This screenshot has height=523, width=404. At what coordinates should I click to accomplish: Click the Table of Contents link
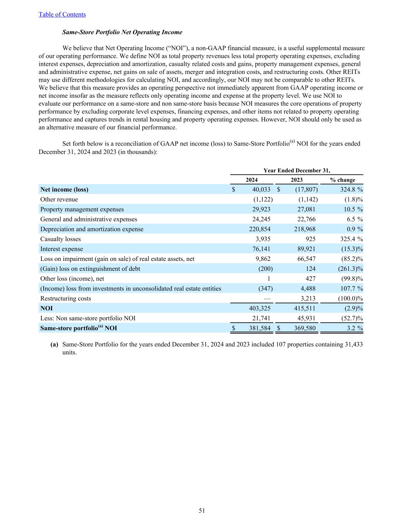[62, 15]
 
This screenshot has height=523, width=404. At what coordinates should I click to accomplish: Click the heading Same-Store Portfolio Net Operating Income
[122, 32]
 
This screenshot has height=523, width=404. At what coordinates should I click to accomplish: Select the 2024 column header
[252, 180]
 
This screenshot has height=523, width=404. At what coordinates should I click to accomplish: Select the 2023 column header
[296, 180]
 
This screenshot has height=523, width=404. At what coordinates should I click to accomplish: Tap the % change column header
[342, 180]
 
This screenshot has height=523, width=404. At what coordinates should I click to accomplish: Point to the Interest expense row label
[62, 249]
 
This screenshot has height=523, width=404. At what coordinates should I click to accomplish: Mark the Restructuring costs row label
[66, 298]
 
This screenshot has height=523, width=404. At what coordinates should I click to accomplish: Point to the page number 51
[202, 510]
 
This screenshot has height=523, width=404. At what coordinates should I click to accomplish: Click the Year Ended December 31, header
[296, 171]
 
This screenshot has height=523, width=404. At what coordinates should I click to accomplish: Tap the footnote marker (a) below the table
[54, 344]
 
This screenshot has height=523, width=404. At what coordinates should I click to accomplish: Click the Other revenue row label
[59, 199]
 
